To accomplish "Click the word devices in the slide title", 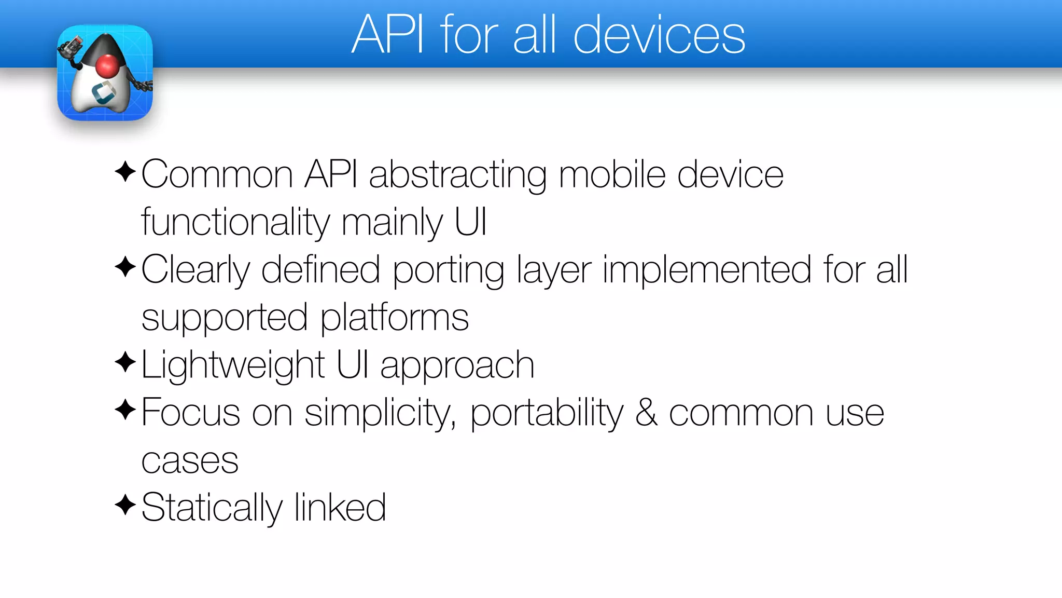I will point(659,35).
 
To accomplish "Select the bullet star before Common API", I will point(125,172).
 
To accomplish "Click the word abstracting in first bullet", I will point(457,175).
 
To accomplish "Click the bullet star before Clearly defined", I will point(125,267).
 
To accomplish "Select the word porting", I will point(448,271).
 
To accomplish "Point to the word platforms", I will point(395,318).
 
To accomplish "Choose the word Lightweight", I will point(233,365).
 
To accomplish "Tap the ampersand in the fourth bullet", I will point(646,413).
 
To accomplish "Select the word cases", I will point(190,461).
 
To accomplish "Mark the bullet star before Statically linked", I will point(125,504).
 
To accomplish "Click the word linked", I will point(340,508).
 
